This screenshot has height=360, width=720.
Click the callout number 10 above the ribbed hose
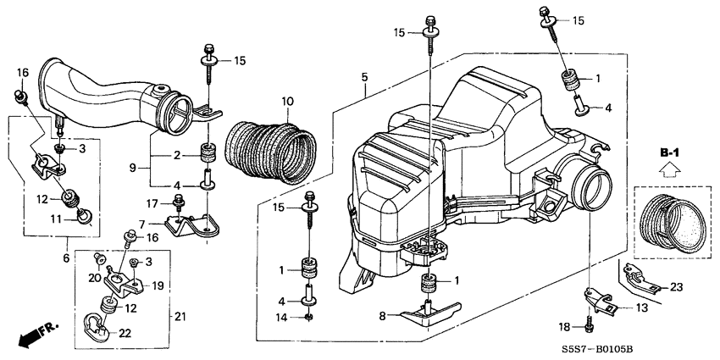287,102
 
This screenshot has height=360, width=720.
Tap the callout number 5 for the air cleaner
364,77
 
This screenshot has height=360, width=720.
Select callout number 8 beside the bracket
382,315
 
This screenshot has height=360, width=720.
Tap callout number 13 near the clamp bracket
628,307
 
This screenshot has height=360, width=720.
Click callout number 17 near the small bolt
153,202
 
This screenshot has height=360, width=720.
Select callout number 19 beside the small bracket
158,285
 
